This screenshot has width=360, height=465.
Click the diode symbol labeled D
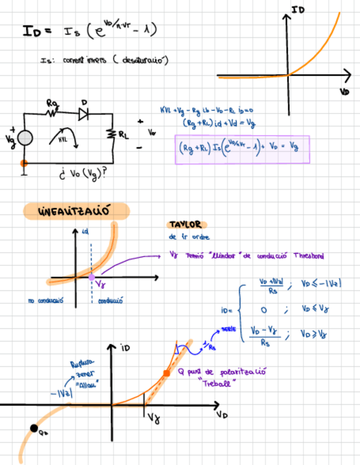83,114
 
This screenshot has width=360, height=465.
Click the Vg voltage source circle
25,138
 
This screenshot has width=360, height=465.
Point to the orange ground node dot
24,163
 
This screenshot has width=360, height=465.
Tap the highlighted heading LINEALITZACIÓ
76,212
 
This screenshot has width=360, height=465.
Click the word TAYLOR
184,225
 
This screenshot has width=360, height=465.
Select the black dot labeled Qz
33,428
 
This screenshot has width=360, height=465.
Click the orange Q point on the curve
166,373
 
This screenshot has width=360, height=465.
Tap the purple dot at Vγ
91,277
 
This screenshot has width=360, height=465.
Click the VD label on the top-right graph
344,92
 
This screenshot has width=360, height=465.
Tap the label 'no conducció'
47,300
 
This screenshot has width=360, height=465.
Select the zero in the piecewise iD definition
264,310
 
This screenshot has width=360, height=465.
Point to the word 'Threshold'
308,255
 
